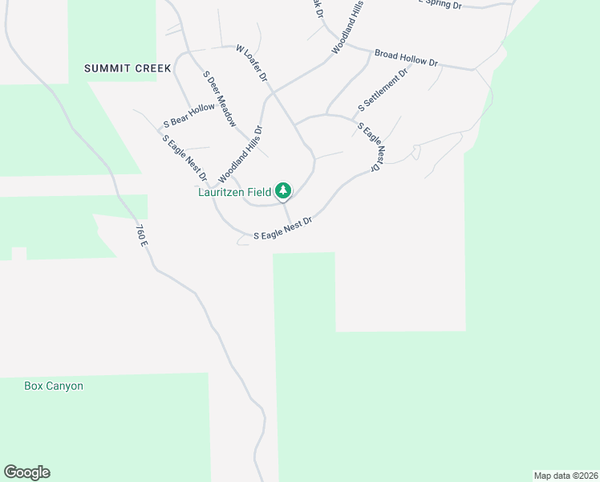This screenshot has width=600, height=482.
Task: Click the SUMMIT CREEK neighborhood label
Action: point(128,68)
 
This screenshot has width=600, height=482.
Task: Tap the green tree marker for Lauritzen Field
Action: point(282,191)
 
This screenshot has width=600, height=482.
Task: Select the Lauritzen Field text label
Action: point(235,192)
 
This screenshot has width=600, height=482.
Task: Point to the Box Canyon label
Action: point(54,386)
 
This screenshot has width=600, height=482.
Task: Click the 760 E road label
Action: point(142,235)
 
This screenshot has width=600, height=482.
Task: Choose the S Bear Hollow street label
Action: point(189,116)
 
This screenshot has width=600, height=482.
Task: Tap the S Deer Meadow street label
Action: point(219,100)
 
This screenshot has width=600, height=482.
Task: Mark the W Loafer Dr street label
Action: point(251,62)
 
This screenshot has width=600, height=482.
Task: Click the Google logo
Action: point(26,472)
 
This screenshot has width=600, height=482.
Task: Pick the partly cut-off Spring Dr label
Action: point(441,4)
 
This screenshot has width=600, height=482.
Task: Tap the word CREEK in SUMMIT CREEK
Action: point(153,68)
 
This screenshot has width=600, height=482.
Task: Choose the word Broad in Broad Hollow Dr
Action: point(387,55)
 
